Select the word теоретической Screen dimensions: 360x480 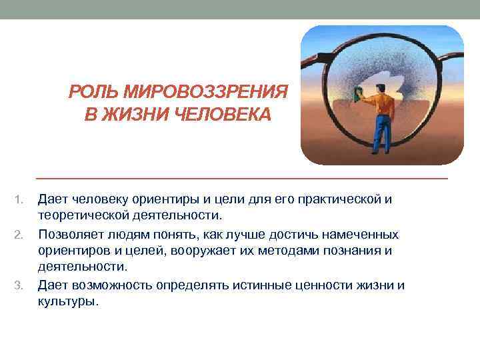point(88,215)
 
